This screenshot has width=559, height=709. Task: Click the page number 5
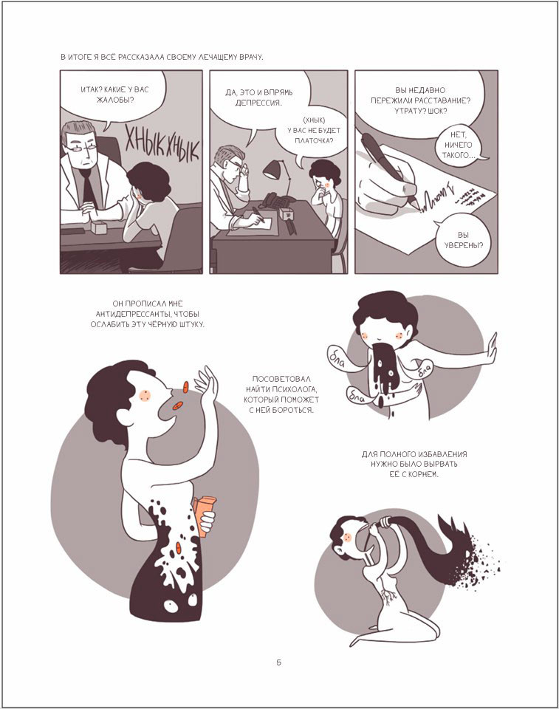278,662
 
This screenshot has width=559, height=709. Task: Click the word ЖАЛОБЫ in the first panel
115,100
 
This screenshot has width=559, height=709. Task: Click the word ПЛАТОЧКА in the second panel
312,140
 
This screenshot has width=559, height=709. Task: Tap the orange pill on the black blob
179,548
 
